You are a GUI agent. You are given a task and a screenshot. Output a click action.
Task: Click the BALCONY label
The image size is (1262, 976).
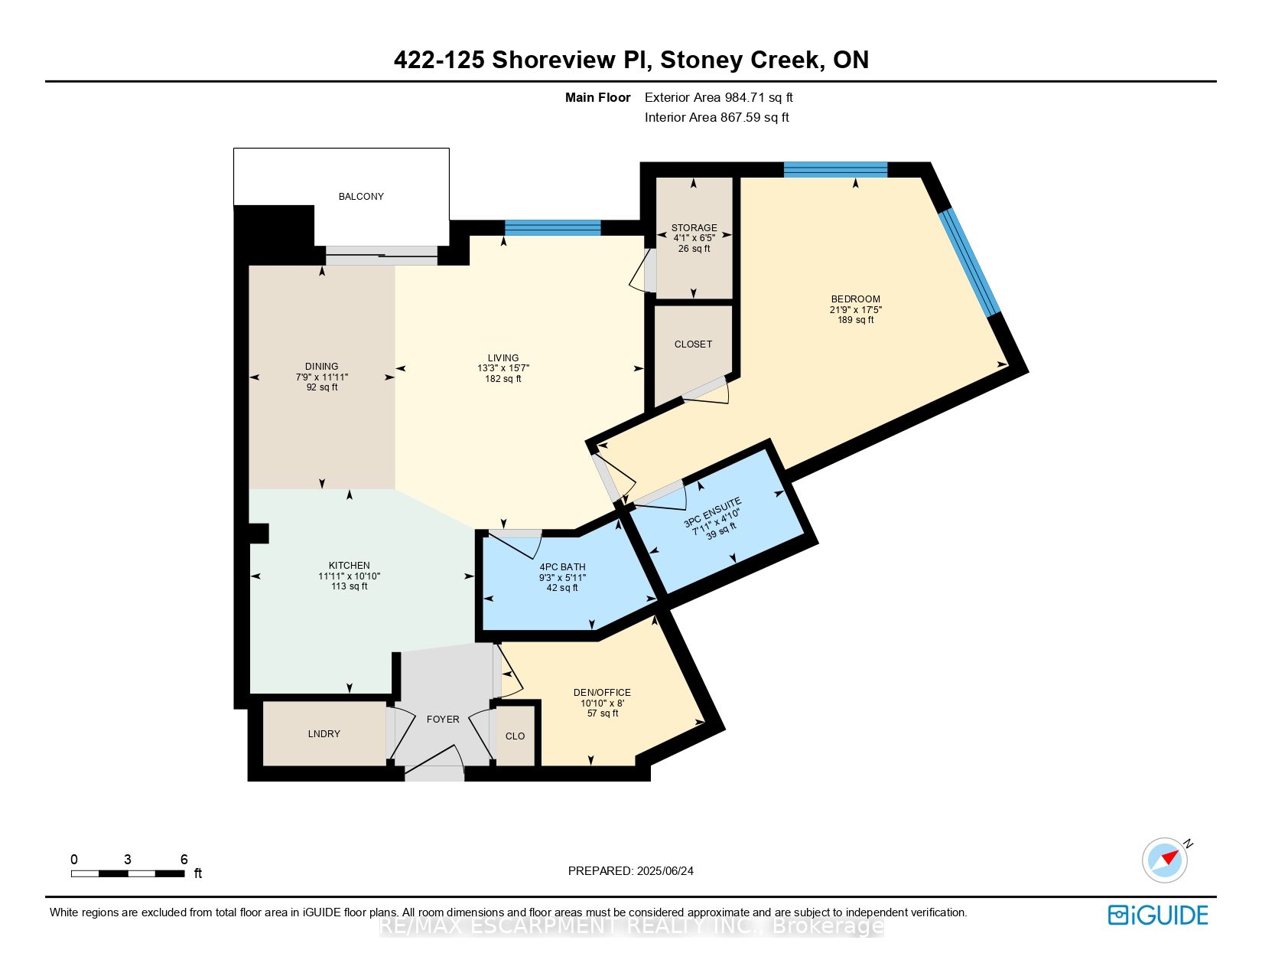click(361, 197)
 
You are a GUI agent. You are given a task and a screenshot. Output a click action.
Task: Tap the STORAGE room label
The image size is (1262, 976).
click(694, 228)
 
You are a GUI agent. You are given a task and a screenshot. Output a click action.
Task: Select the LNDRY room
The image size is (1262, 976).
click(324, 734)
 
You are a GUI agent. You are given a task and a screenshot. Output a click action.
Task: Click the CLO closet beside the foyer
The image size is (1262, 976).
click(515, 736)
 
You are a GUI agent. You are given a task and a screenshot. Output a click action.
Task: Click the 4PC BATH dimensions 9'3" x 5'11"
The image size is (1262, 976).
click(562, 578)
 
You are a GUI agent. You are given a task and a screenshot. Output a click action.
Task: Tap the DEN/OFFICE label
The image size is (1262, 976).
click(602, 693)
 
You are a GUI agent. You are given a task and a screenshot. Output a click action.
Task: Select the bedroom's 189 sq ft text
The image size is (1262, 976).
click(855, 320)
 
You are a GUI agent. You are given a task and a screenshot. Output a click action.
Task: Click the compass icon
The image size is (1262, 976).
click(1164, 860)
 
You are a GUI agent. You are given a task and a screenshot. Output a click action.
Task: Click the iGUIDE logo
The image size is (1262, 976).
click(1158, 916)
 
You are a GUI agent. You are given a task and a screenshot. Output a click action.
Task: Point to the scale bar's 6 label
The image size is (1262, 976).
click(184, 860)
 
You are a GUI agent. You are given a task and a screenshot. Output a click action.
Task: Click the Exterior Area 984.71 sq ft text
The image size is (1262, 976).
click(718, 97)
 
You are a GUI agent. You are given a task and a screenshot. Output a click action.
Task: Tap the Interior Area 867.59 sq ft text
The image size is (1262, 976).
click(717, 117)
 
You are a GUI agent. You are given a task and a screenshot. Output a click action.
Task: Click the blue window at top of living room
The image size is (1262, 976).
click(552, 227)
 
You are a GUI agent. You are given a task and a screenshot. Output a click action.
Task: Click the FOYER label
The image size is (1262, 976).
click(443, 720)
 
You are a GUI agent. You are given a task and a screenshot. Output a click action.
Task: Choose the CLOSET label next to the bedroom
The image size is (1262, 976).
click(693, 344)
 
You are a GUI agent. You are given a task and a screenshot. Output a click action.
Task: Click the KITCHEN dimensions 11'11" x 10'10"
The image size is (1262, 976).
click(350, 576)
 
